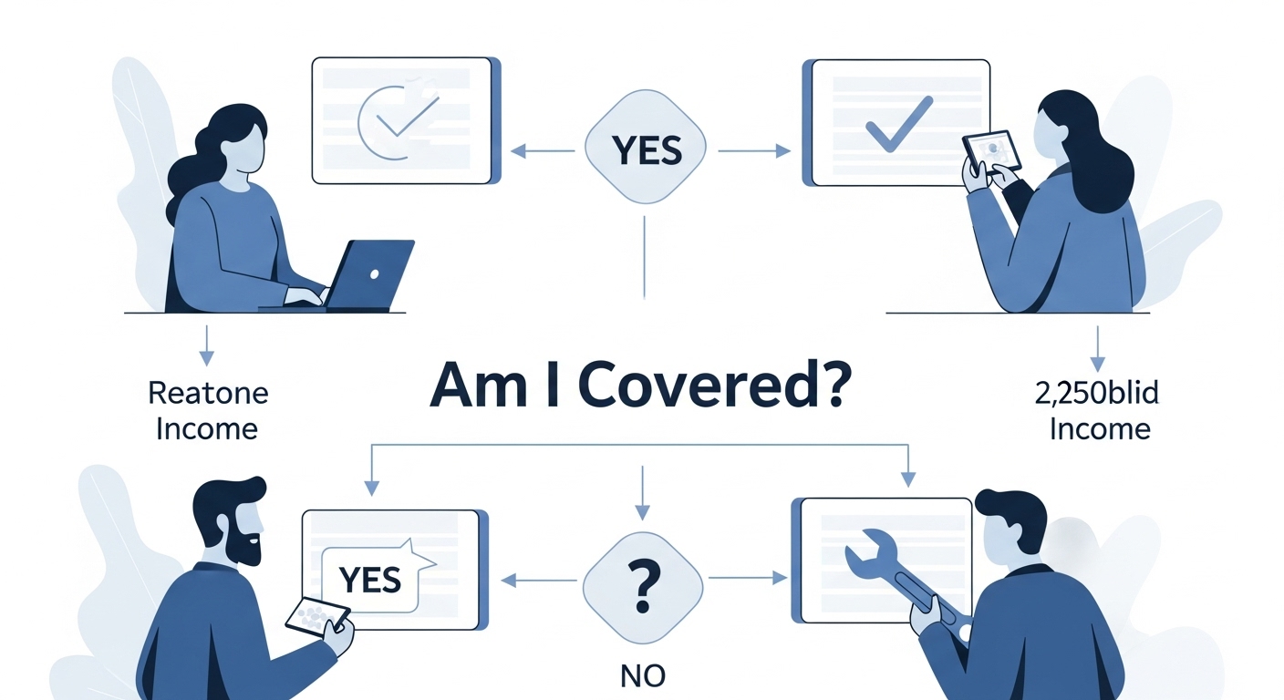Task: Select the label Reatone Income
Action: point(208,410)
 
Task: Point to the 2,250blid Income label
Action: point(1099,411)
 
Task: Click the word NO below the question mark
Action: point(643,675)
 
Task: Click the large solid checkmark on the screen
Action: point(898,124)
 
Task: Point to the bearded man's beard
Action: point(243,546)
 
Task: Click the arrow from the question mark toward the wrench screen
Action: point(748,577)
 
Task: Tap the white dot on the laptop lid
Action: point(374,273)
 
